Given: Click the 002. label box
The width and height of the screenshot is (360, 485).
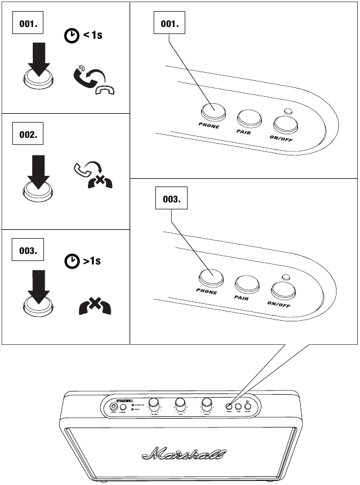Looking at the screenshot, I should click(28, 134).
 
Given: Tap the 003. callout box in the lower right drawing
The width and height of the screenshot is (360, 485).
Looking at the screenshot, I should click(174, 199).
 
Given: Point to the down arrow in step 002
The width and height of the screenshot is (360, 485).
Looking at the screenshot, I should click(37, 171).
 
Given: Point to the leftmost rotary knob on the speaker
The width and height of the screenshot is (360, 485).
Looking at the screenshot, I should click(154, 404).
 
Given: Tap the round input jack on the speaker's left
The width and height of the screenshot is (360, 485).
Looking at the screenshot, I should click(112, 405).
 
